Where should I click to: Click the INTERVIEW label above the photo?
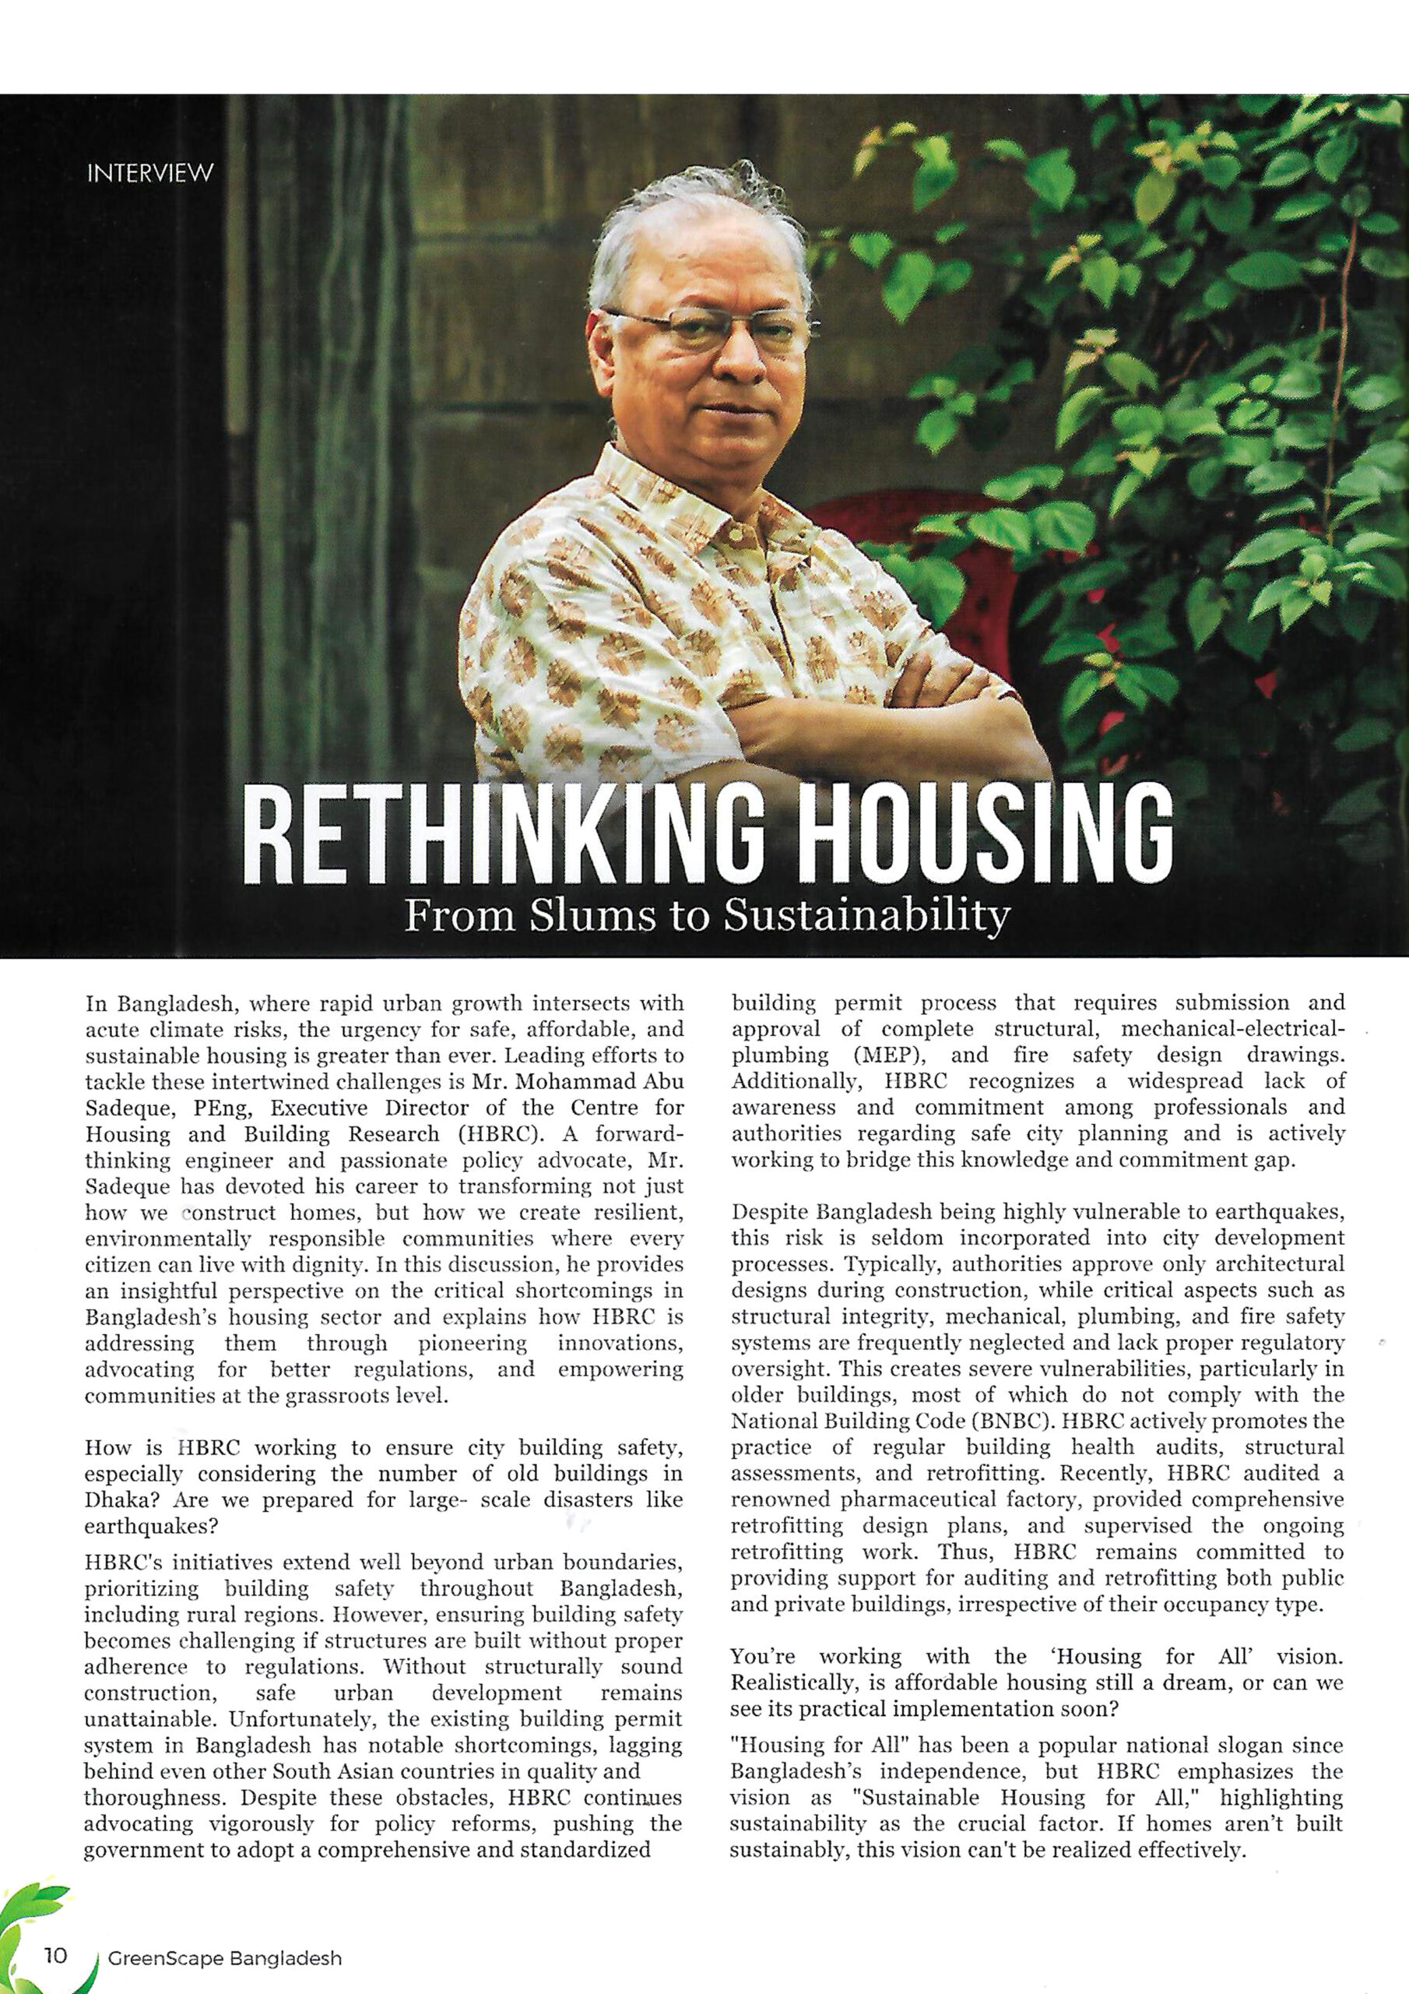tap(150, 173)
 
